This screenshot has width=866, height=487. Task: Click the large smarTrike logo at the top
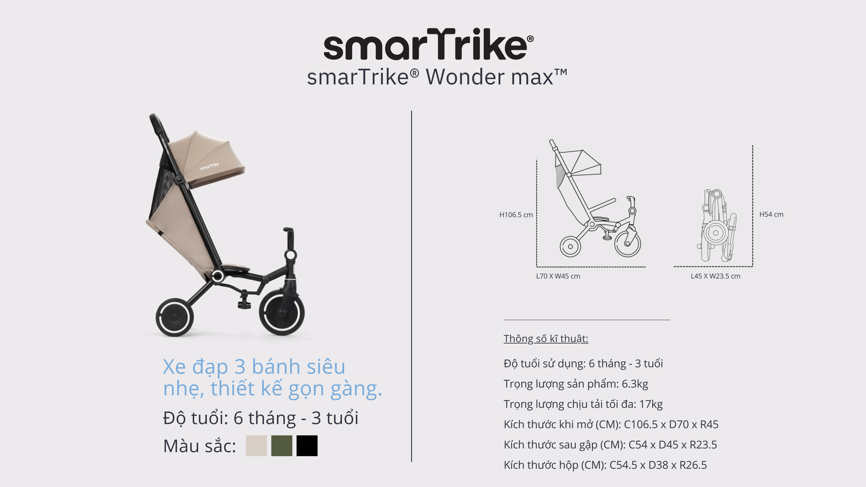pyautogui.click(x=428, y=44)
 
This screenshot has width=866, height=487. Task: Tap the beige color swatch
pyautogui.click(x=256, y=446)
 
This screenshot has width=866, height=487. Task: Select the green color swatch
pyautogui.click(x=282, y=446)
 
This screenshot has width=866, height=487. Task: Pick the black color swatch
pyautogui.click(x=307, y=446)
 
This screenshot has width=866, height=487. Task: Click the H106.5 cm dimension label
pyautogui.click(x=516, y=215)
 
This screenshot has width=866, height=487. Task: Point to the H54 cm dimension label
pyautogui.click(x=771, y=214)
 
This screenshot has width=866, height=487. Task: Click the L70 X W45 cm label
pyautogui.click(x=558, y=276)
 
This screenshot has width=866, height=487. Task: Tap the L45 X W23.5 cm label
pyautogui.click(x=715, y=276)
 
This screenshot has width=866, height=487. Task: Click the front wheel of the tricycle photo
pyautogui.click(x=282, y=313)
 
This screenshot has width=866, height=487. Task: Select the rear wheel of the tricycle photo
pyautogui.click(x=175, y=317)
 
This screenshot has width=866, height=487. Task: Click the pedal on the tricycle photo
pyautogui.click(x=244, y=303)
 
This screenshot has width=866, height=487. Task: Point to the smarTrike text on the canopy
pyautogui.click(x=210, y=166)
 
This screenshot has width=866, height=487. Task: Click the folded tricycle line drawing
pyautogui.click(x=716, y=225)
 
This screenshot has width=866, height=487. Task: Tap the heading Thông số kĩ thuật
pyautogui.click(x=546, y=339)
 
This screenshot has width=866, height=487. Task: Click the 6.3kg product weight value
pyautogui.click(x=635, y=384)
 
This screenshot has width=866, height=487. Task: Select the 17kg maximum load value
pyautogui.click(x=651, y=404)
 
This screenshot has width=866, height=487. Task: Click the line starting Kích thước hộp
pyautogui.click(x=605, y=465)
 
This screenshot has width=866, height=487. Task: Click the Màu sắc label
pyautogui.click(x=200, y=446)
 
